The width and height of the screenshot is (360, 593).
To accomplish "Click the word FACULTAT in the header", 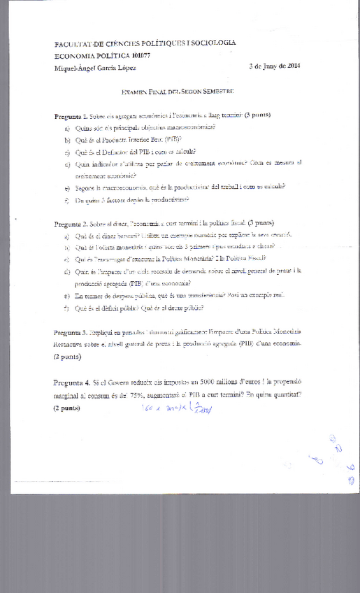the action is tap(72, 43).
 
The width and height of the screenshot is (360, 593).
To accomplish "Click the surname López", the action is tap(124, 67).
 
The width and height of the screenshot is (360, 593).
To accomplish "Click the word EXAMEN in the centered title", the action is tap(136, 91).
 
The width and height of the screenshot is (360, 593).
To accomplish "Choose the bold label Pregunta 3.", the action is tap(71, 333).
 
